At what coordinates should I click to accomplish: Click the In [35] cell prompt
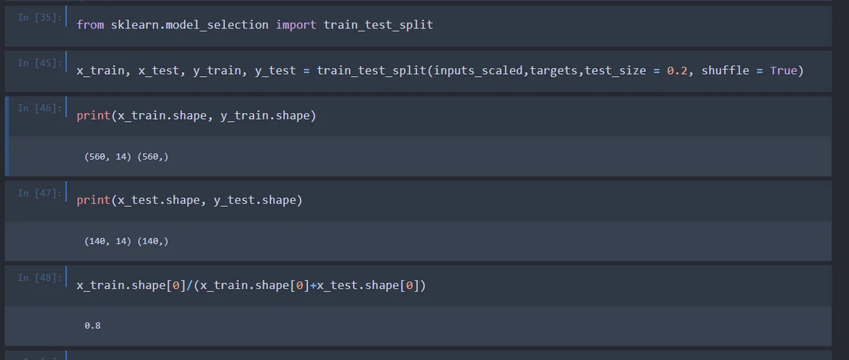(x=39, y=17)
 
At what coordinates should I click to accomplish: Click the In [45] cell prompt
(x=39, y=63)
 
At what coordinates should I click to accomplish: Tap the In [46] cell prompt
(x=39, y=108)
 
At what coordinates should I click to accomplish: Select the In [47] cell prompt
(x=39, y=193)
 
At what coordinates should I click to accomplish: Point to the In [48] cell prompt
(x=39, y=277)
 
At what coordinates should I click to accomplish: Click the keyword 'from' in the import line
(x=90, y=25)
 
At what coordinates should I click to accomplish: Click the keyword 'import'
(x=295, y=25)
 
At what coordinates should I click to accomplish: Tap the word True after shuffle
(x=783, y=70)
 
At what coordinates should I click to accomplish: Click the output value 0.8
(x=92, y=326)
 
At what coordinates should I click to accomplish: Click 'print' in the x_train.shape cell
(x=94, y=116)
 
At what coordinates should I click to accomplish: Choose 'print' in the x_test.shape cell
(x=94, y=200)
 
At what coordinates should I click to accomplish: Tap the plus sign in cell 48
(x=313, y=285)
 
